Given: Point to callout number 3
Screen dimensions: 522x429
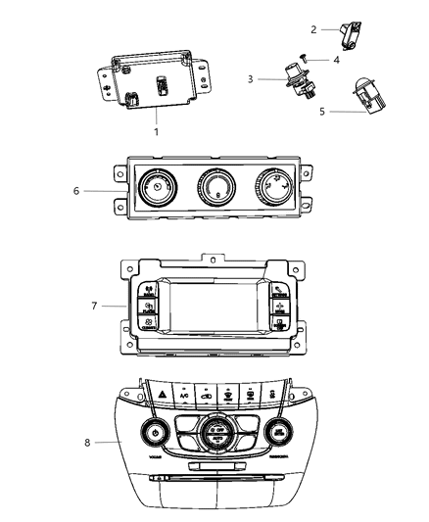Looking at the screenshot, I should pyautogui.click(x=250, y=78).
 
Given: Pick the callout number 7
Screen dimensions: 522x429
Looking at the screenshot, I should pyautogui.click(x=94, y=306).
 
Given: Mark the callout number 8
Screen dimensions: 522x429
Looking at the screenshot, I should pyautogui.click(x=89, y=443).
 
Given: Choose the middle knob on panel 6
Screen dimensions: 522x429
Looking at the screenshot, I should pyautogui.click(x=215, y=184).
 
